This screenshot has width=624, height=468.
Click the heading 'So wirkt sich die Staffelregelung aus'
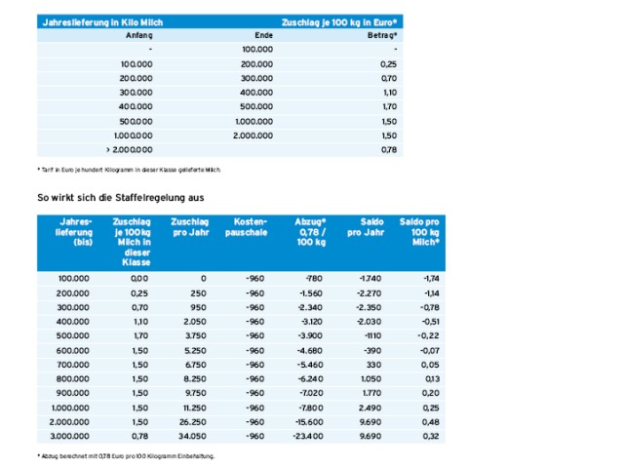[x=126, y=198]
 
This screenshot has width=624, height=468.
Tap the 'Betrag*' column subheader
[x=387, y=34]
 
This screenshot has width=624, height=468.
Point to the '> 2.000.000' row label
[x=129, y=149]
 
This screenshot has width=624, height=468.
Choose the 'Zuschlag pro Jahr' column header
[x=188, y=227]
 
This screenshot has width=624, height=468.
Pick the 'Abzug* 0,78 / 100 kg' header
[x=310, y=233]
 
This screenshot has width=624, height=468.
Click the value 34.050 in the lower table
[x=191, y=436]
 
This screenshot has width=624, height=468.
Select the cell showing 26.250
[x=191, y=421]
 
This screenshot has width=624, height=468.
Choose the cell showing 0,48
[x=429, y=421]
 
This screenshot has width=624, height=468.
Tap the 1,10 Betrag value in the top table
[x=388, y=91]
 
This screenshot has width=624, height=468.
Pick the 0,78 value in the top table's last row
[x=388, y=149]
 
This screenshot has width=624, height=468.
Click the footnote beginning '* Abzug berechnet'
[x=126, y=455]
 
